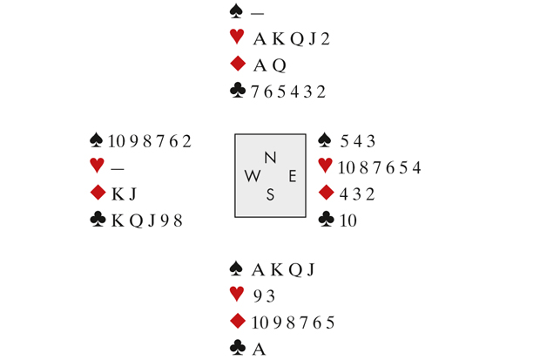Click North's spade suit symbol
point(233,12)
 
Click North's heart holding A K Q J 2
point(292,38)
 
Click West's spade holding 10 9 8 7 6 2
point(149,141)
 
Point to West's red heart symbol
point(97,166)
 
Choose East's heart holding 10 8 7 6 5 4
point(381,167)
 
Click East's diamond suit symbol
point(326,193)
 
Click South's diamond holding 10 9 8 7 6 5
point(293,323)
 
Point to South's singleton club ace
point(259,349)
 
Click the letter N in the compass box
point(270,158)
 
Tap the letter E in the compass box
point(293,176)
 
